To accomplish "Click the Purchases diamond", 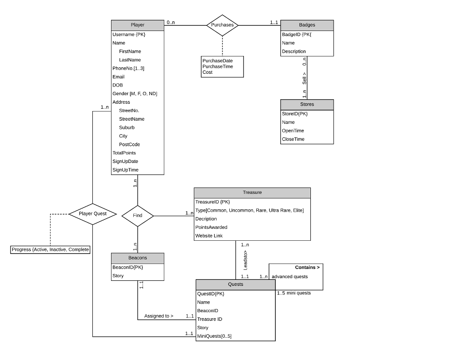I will coord(222,25).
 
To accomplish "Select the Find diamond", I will coord(137,215).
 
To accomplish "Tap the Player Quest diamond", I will coord(92,213).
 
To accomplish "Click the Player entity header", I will coord(137,25).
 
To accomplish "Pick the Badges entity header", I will coord(307,25).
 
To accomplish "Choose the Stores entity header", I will coord(307,104).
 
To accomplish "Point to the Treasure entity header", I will coord(252,193).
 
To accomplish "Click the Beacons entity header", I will coord(137,258).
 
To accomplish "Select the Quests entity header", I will coord(235,284).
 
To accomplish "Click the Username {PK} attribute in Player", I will coord(129,34).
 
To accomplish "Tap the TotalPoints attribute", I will coord(124,153).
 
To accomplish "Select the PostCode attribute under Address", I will coord(129,144).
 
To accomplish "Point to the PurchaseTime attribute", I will coord(218,66).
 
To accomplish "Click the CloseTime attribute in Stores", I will coord(293,139).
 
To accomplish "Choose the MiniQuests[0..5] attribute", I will coord(214,336).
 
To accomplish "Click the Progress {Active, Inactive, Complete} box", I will coord(50,249).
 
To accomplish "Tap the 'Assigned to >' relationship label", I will coord(158,316).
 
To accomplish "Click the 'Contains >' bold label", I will coord(307,267).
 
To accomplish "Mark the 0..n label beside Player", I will coord(170,22).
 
